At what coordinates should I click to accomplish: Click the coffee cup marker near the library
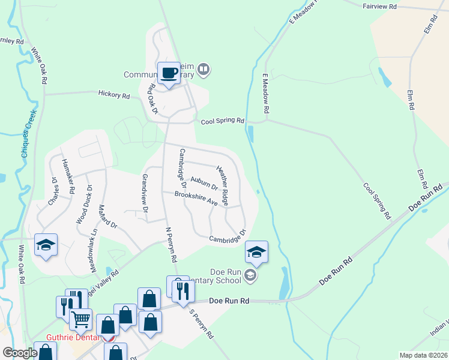(168, 73)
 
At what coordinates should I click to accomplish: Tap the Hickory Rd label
(114, 95)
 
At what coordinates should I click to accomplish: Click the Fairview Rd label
(380, 6)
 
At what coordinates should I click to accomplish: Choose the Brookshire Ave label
(196, 198)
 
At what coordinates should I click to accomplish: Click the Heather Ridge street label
(223, 185)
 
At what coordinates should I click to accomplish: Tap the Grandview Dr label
(145, 194)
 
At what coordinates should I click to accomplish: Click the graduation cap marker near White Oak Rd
(46, 245)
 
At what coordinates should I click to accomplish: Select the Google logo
(19, 353)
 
